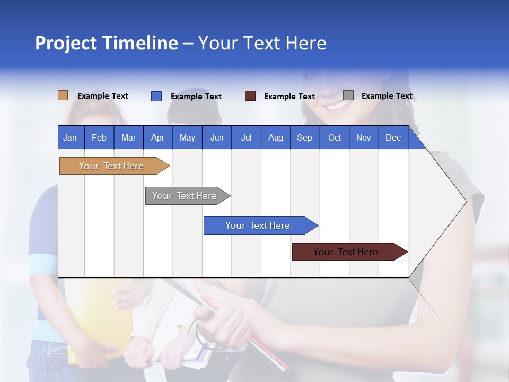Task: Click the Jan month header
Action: tap(70, 137)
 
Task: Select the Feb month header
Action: tap(99, 137)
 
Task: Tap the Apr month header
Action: tap(157, 137)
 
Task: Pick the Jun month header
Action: tap(217, 137)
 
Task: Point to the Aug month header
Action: tap(275, 137)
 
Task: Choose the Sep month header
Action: tap(304, 137)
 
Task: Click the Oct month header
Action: tap(335, 137)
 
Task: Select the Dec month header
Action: tap(393, 137)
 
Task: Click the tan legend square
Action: tap(63, 95)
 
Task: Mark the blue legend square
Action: tap(156, 96)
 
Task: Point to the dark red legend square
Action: tap(250, 96)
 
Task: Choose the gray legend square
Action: tap(348, 95)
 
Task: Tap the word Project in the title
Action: tap(66, 43)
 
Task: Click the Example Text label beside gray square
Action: tap(387, 96)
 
